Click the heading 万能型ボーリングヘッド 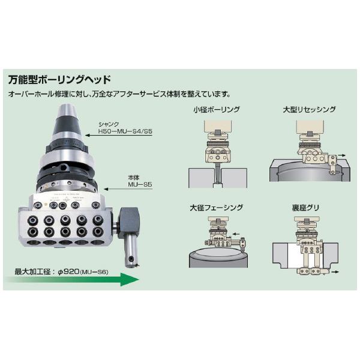pos(59,79)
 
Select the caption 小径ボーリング pos(217,110)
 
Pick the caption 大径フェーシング pos(217,208)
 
